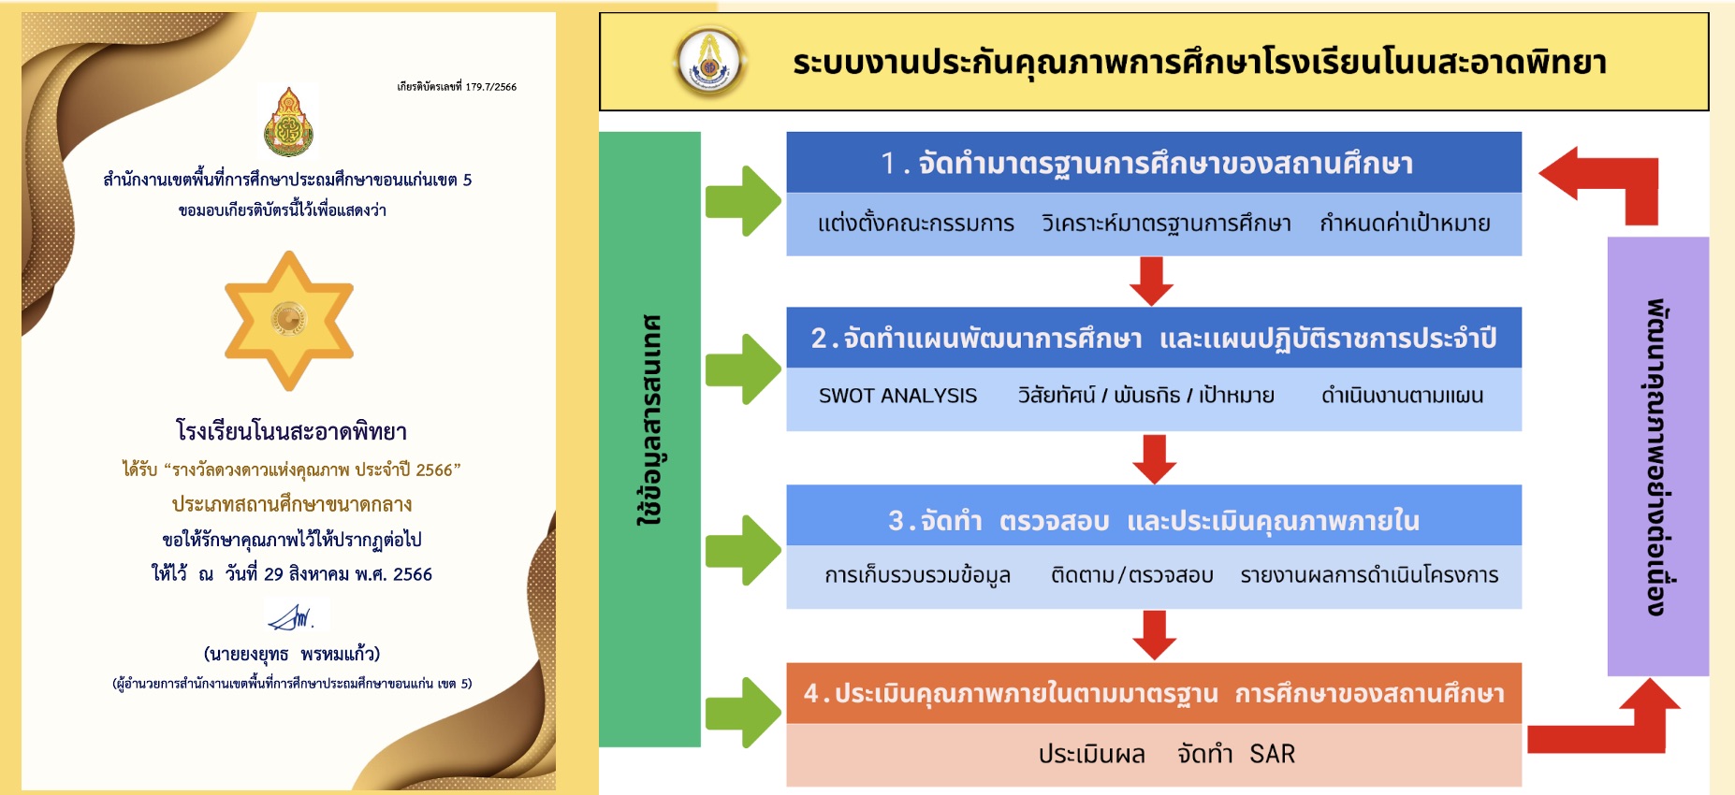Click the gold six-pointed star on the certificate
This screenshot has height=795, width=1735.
point(289,320)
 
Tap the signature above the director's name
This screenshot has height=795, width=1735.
point(292,617)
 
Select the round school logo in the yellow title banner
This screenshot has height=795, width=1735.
point(710,62)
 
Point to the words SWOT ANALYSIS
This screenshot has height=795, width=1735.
point(897,396)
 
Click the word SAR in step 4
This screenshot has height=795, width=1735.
point(1272,754)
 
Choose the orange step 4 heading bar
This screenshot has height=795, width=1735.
point(1153,693)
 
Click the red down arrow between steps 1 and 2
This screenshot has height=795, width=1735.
point(1151,281)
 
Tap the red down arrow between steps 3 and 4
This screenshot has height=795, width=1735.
point(1154,635)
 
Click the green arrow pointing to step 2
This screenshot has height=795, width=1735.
point(742,369)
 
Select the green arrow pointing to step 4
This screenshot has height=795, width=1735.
point(742,712)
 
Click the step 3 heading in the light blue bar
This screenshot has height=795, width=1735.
point(1153,520)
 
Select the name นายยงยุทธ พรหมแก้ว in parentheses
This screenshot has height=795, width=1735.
point(292,654)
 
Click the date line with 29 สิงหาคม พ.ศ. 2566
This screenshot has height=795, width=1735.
point(292,573)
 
